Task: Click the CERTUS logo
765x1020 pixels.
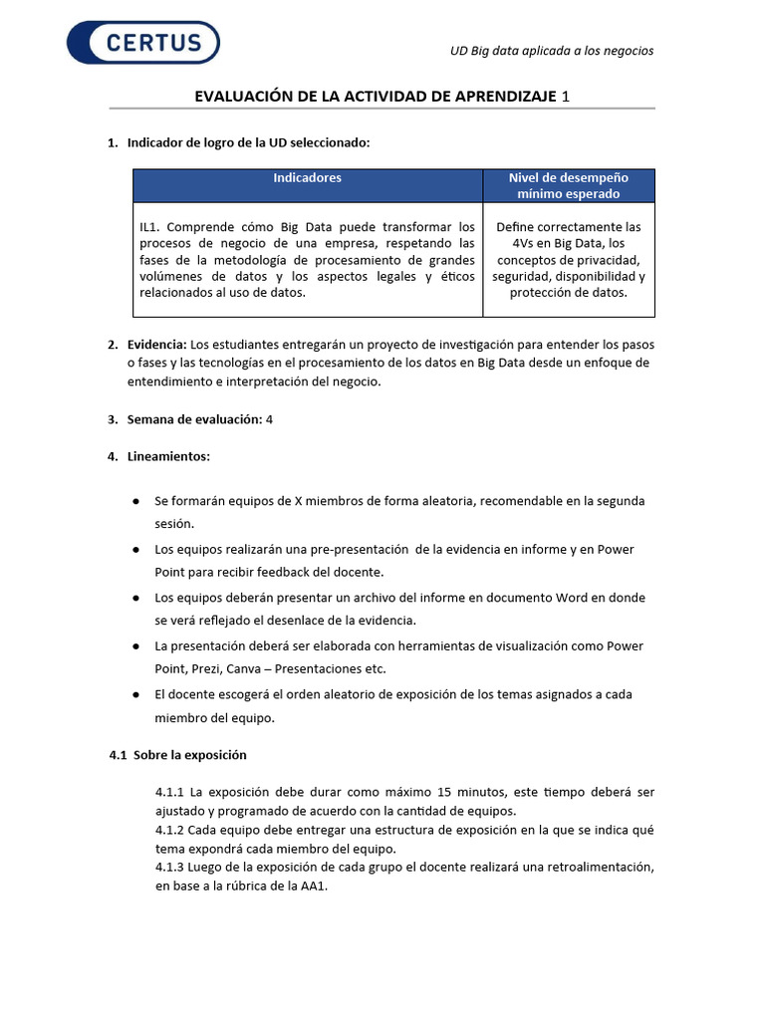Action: coord(143,43)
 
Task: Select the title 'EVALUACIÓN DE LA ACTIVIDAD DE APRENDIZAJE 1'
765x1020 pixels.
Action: coord(382,96)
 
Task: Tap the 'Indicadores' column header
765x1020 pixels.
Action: coord(308,178)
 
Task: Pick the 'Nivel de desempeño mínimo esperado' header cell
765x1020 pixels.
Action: coord(568,185)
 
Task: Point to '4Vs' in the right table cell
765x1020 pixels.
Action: coord(526,243)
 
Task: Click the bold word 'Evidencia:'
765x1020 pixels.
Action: coord(157,345)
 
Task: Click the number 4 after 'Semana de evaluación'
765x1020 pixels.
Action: coord(269,419)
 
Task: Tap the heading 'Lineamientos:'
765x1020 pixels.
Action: coord(168,456)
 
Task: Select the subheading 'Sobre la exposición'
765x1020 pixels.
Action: coord(189,755)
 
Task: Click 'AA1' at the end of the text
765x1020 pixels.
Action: coord(313,886)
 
